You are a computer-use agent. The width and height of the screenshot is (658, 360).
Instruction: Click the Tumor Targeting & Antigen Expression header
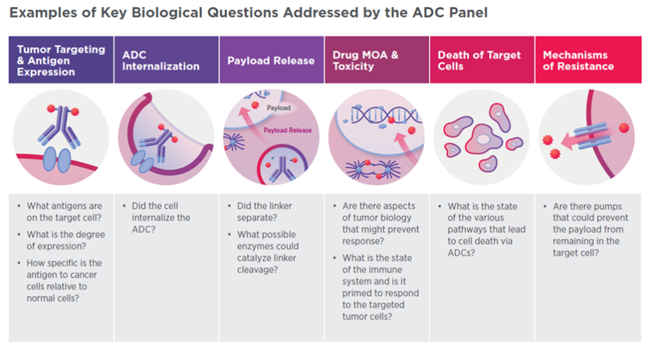pos(61,60)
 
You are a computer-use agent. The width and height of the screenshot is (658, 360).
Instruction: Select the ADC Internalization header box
pos(166,60)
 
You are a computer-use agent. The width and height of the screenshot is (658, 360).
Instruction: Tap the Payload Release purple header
pos(271,60)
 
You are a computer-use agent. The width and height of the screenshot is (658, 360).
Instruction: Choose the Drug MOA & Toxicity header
pos(377,60)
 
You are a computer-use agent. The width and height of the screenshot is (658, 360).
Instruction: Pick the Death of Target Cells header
pos(482,60)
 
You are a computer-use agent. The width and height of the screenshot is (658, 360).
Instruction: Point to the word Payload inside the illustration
pos(278,108)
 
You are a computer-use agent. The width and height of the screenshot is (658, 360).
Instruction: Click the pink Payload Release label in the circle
pos(288,130)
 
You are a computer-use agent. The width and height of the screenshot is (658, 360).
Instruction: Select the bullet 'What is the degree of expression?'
pos(66,240)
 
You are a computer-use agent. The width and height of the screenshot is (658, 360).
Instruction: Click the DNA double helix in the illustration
pos(370,114)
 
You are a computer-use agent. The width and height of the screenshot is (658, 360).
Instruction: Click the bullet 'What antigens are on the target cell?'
pos(64,211)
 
